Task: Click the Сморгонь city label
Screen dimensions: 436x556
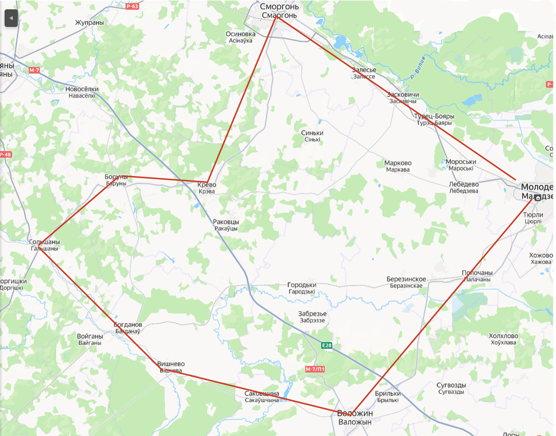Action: click(279, 7)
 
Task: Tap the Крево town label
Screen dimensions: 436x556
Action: click(206, 185)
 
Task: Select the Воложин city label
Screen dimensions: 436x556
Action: click(355, 413)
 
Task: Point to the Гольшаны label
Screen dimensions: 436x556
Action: click(44, 242)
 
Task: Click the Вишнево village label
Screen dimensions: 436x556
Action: click(171, 364)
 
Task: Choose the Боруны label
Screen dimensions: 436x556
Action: click(116, 177)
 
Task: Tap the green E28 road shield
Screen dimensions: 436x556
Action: click(327, 346)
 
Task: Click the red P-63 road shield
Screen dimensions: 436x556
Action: click(132, 6)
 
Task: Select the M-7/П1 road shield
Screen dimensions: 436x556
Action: click(315, 369)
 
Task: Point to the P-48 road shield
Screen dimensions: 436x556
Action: click(5, 155)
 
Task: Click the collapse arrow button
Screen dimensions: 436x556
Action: click(11, 18)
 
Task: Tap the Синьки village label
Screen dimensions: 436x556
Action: click(312, 133)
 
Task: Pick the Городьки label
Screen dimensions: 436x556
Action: click(302, 285)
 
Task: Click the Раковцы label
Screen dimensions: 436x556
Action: click(226, 222)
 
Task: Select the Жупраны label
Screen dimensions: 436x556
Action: click(89, 23)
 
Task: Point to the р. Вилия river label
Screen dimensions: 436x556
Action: click(418, 68)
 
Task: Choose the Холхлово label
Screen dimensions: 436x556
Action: click(503, 336)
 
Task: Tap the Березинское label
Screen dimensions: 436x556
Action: click(406, 279)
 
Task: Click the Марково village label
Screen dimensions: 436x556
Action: click(398, 163)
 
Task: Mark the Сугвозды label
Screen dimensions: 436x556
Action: click(451, 385)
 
